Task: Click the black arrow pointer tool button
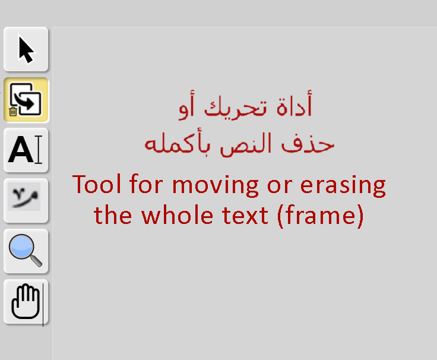pos(26,49)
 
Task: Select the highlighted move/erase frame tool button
pos(26,100)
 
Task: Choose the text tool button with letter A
pos(26,150)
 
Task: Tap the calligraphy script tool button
pos(26,200)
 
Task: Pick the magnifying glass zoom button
pos(26,251)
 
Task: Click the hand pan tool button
pos(26,302)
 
